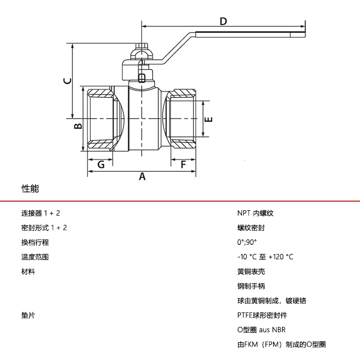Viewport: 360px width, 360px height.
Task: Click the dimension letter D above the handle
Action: (x=223, y=21)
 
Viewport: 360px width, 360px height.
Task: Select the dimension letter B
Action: (x=77, y=126)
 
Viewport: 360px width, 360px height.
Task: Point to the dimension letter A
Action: (x=142, y=177)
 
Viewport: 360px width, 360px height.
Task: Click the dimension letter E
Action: (x=209, y=119)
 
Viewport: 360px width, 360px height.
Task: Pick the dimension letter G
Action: (x=101, y=165)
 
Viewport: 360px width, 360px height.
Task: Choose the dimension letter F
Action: (x=183, y=165)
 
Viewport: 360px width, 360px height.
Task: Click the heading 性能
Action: (x=30, y=189)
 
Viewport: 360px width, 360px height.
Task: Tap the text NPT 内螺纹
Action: (x=255, y=213)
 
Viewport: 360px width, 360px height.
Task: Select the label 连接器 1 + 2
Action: (x=41, y=213)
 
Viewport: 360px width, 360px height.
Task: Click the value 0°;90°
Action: (x=247, y=242)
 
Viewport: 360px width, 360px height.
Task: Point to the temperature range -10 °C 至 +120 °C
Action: (x=265, y=257)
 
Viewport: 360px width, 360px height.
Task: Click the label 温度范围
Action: (x=35, y=257)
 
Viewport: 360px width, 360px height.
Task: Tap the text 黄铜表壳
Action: (x=251, y=272)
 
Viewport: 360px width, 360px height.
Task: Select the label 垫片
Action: (x=28, y=315)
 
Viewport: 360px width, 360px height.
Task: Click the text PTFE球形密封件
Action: (x=262, y=315)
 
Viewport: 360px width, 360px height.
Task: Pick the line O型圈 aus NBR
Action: (x=261, y=330)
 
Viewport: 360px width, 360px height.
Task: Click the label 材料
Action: (x=28, y=272)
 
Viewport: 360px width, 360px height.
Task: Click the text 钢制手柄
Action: (x=251, y=286)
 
